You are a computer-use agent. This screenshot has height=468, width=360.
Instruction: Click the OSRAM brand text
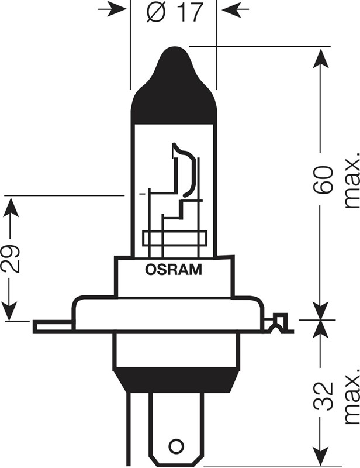(173, 270)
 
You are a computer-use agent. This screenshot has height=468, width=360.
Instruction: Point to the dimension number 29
(12, 258)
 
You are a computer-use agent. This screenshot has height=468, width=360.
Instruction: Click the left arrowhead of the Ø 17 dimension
(120, 9)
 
